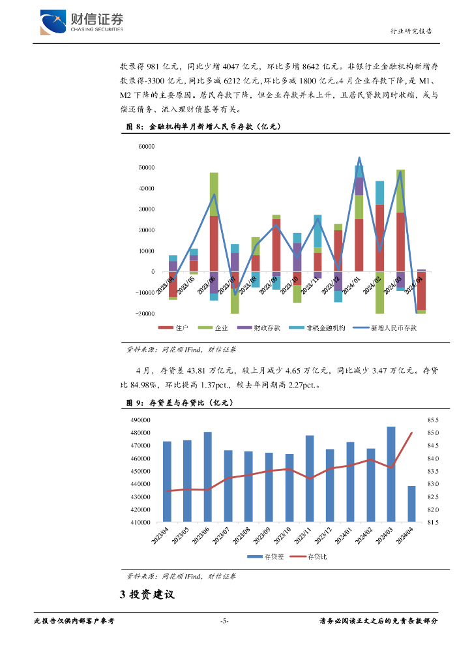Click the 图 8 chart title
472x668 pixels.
click(x=196, y=127)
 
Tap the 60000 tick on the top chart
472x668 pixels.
click(x=145, y=147)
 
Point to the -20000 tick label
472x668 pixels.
click(x=143, y=314)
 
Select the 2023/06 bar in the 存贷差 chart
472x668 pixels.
click(x=208, y=477)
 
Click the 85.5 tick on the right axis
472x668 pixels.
click(x=434, y=420)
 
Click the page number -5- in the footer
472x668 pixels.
click(x=224, y=621)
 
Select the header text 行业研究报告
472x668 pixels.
click(x=411, y=31)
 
